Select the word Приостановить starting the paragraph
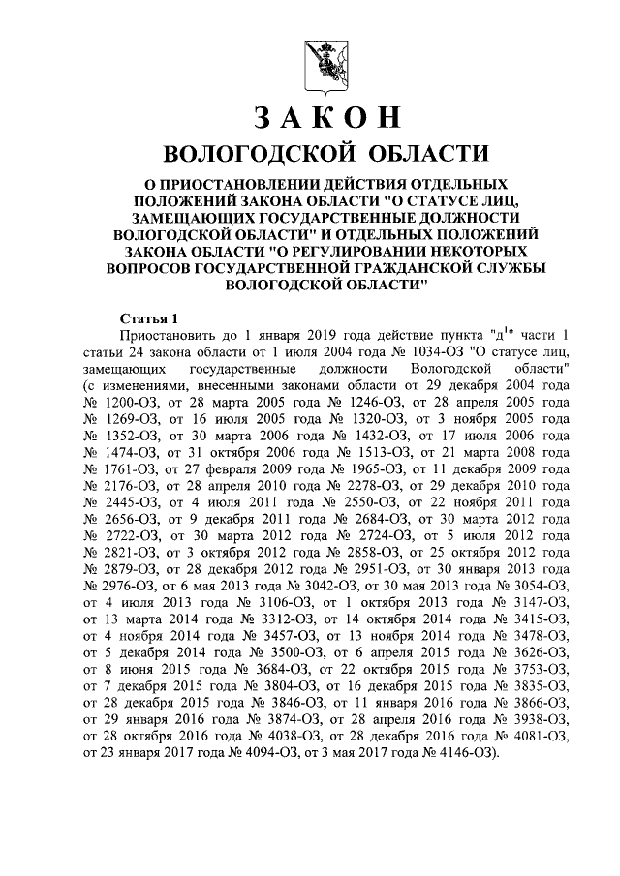[x=169, y=336]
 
